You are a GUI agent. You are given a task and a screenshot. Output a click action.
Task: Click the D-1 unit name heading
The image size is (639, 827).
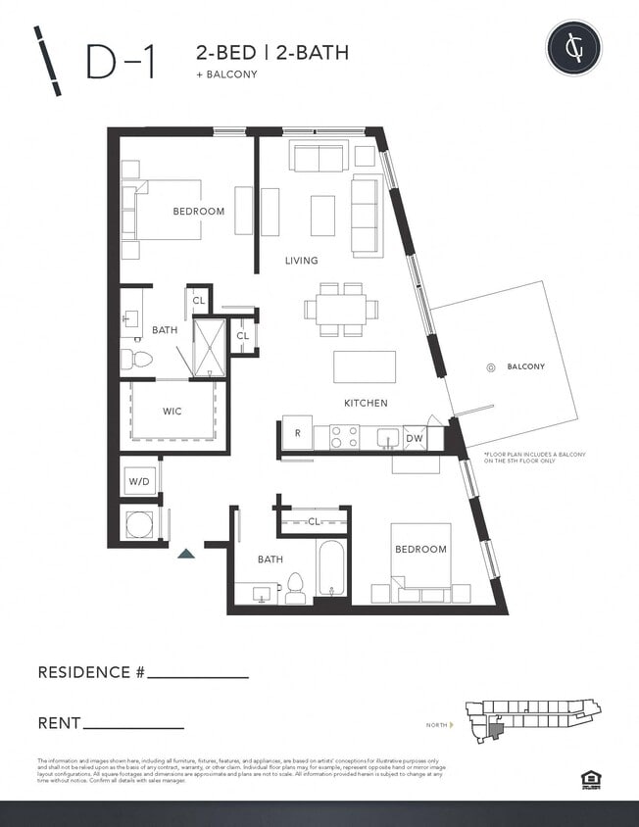pyautogui.click(x=120, y=62)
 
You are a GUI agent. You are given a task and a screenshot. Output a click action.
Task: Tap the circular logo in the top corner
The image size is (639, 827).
pyautogui.click(x=573, y=47)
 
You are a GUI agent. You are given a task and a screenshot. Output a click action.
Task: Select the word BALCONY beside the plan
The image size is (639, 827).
pyautogui.click(x=525, y=367)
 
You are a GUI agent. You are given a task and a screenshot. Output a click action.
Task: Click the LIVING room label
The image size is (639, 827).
pyautogui.click(x=301, y=261)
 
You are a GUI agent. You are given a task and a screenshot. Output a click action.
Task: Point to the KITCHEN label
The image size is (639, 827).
pyautogui.click(x=365, y=403)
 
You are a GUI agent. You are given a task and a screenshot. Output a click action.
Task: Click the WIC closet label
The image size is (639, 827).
pyautogui.click(x=172, y=412)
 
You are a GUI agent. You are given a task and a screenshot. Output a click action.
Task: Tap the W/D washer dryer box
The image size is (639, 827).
pyautogui.click(x=138, y=481)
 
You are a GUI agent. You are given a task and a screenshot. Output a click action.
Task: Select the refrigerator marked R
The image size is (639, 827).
pyautogui.click(x=297, y=433)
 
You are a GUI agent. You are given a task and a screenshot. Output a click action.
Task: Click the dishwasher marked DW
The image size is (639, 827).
pyautogui.click(x=414, y=438)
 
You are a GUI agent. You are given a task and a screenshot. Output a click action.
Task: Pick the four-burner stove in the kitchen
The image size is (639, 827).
pyautogui.click(x=344, y=436)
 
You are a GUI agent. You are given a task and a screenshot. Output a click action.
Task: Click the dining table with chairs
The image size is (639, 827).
pyautogui.click(x=340, y=309)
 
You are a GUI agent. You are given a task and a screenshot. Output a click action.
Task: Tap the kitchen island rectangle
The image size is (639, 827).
pyautogui.click(x=364, y=366)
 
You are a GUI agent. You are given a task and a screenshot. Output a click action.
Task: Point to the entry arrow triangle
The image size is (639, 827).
pyautogui.click(x=186, y=554)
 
